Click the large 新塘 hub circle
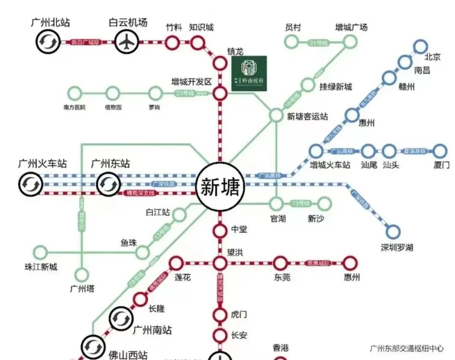point(220,187)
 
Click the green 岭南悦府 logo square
point(249,73)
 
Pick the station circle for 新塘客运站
point(276,115)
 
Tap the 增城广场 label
point(351,27)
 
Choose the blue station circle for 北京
point(420,46)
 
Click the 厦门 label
point(441,165)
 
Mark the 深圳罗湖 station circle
point(393,231)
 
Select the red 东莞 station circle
point(280,263)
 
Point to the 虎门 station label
point(239,314)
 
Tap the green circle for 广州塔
point(82,275)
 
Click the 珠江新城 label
point(40,267)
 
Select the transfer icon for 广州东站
point(109,184)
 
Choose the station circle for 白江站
point(179,215)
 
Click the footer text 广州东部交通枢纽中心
point(407,348)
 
